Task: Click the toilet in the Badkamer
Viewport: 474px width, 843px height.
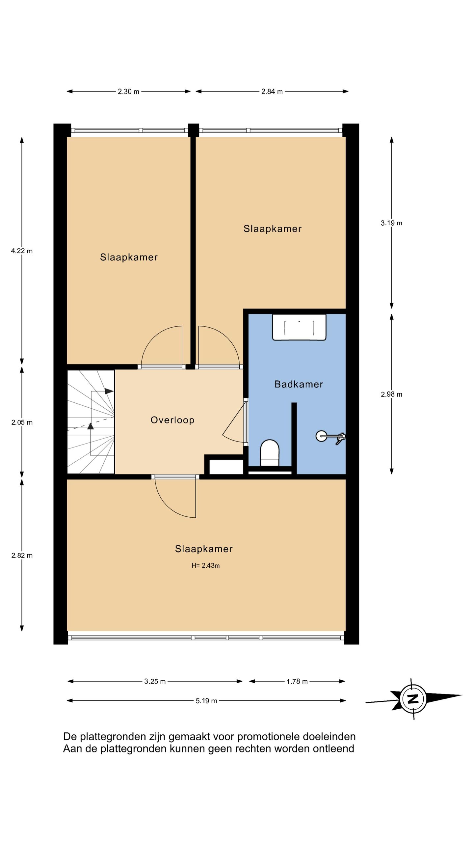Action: tap(270, 453)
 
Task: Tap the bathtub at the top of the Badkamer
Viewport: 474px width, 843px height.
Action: tap(299, 327)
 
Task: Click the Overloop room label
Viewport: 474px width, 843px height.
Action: tap(172, 420)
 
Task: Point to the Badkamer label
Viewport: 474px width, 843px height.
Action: tap(299, 384)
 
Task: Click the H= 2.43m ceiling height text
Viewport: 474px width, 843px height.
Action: tap(206, 565)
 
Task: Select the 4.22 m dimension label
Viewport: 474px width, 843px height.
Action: tap(22, 251)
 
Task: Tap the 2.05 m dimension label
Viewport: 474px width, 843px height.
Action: tap(22, 422)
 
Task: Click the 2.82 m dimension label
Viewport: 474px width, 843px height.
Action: tap(22, 556)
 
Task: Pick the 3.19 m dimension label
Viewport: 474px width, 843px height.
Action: tap(391, 223)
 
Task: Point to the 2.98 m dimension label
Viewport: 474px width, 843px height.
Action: tap(391, 394)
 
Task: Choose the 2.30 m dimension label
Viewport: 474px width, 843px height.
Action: tap(129, 92)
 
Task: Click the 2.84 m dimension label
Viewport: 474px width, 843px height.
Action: tap(272, 92)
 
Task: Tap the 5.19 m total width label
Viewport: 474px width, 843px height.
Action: tap(206, 701)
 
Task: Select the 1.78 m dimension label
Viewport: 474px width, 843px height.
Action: tap(297, 681)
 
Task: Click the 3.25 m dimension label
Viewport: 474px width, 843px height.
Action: tap(155, 681)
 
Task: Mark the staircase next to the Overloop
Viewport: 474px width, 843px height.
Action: tap(91, 422)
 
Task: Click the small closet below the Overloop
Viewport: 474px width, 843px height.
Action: tap(226, 467)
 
